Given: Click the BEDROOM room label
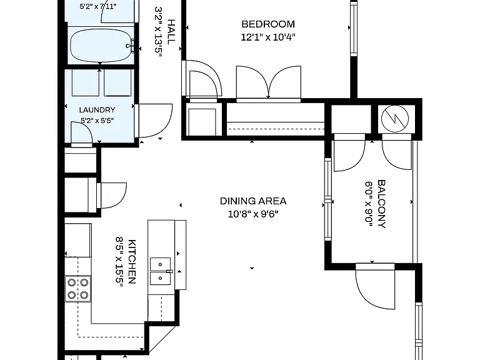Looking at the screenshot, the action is click(268, 24).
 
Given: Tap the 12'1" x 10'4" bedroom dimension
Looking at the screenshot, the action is click(268, 37).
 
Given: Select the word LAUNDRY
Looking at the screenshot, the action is click(97, 110).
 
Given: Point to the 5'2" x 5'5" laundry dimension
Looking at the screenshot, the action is click(97, 120).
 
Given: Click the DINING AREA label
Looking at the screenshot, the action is click(253, 201).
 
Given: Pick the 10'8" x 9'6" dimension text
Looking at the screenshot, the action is click(253, 214).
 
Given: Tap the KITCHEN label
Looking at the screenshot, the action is click(132, 262).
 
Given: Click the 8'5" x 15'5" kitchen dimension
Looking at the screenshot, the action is click(119, 262).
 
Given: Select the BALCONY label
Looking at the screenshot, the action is click(381, 204).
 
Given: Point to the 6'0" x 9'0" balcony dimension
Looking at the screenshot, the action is click(369, 204).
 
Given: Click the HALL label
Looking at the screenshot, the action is click(171, 32).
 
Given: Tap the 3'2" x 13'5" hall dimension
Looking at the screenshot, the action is click(158, 32).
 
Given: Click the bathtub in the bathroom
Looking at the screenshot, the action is click(101, 46).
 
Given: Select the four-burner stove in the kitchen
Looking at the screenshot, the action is click(77, 289).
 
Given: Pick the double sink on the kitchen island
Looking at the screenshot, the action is click(160, 271).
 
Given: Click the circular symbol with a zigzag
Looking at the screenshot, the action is click(395, 119).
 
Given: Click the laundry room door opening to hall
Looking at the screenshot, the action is click(153, 121).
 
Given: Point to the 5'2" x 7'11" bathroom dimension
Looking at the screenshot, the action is click(98, 6).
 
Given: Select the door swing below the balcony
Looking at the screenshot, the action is click(375, 286).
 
